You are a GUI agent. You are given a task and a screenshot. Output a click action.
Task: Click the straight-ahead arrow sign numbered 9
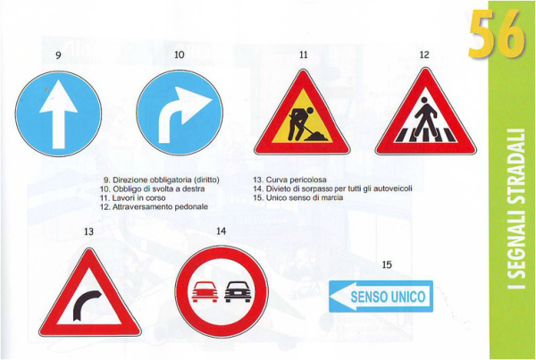[58, 113]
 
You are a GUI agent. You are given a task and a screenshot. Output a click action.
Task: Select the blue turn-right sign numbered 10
[180, 113]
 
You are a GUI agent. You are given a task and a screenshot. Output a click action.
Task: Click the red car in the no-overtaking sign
[205, 292]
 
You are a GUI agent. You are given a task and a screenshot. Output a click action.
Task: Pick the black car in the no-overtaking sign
[238, 292]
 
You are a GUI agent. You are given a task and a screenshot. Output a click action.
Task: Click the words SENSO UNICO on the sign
[388, 297]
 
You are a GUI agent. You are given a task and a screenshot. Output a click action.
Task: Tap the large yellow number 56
[497, 29]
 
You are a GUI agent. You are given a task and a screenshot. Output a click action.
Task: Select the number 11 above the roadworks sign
[303, 54]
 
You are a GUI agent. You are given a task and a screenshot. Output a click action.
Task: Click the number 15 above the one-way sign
[387, 264]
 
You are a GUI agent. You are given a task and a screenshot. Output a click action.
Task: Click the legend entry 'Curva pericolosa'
[289, 180]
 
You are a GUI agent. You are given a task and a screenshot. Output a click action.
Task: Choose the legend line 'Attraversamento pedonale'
[154, 207]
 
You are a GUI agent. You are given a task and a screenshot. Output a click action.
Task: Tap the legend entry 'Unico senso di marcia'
[298, 197]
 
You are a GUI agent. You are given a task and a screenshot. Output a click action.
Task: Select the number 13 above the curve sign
[88, 231]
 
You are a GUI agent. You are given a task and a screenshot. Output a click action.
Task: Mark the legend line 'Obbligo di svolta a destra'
[153, 189]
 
